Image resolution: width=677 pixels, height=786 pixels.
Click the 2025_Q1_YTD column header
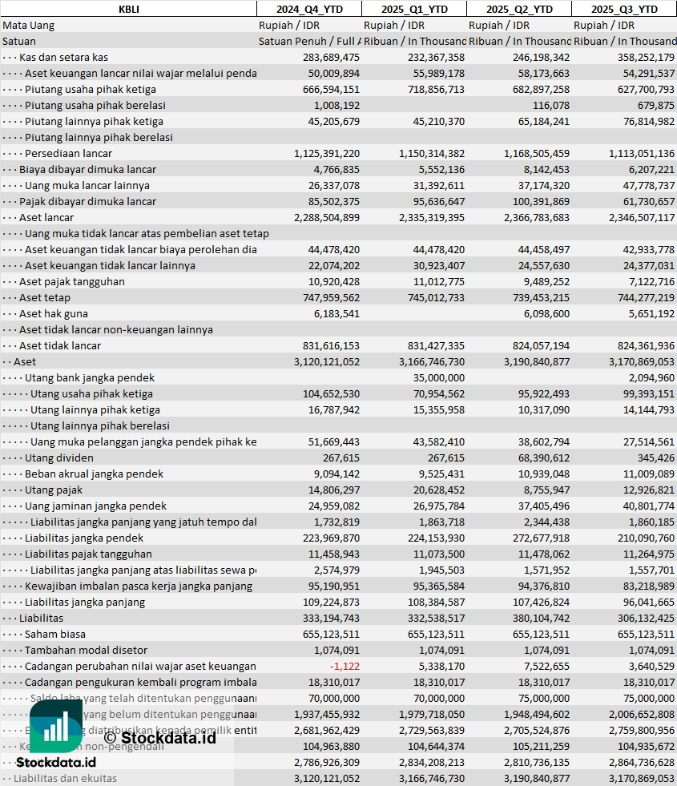pyautogui.click(x=413, y=9)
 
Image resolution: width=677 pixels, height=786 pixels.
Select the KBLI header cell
pyautogui.click(x=128, y=9)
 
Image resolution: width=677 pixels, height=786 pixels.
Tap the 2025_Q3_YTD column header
pyautogui.click(x=624, y=9)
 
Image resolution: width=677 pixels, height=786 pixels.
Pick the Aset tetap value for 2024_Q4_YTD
pyautogui.click(x=327, y=298)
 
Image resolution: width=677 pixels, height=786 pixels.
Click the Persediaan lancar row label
pyautogui.click(x=68, y=154)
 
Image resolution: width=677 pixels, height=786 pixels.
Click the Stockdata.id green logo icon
pyautogui.click(x=56, y=728)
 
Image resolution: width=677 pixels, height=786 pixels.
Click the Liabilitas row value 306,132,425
pyautogui.click(x=642, y=619)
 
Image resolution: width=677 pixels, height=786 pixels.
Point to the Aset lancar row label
pyautogui.click(x=46, y=218)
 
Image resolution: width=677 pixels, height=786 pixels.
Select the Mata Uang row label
pyautogui.click(x=29, y=26)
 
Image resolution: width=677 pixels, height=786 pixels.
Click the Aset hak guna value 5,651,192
pyautogui.click(x=648, y=314)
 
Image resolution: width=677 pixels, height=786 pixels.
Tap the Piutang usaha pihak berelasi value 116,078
pyautogui.click(x=550, y=106)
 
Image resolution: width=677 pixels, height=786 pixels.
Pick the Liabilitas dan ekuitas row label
pyautogui.click(x=65, y=779)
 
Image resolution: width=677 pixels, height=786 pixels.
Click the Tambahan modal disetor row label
pyautogui.click(x=86, y=651)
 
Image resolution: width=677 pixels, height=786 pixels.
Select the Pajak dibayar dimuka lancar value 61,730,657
pyautogui.click(x=645, y=202)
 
